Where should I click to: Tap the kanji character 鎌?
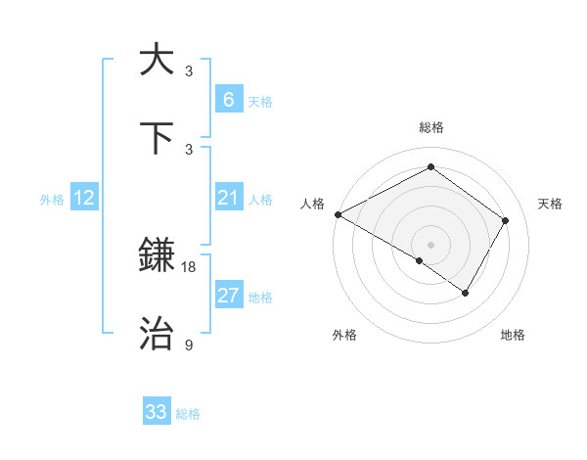157,256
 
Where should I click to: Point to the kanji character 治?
157,334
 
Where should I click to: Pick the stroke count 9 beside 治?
189,345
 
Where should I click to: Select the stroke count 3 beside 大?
189,70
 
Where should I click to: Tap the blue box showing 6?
228,100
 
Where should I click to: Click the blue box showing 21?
228,199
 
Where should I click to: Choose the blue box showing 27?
228,296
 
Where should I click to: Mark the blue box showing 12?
84,199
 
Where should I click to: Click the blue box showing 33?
157,412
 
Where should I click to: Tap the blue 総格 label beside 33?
188,414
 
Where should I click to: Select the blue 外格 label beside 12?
52,200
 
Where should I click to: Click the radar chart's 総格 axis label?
430,127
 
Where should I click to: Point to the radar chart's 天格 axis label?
550,204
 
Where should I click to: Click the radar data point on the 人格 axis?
338,214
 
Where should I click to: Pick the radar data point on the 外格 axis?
420,260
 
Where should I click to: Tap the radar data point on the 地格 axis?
466,293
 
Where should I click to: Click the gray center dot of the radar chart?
430,244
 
